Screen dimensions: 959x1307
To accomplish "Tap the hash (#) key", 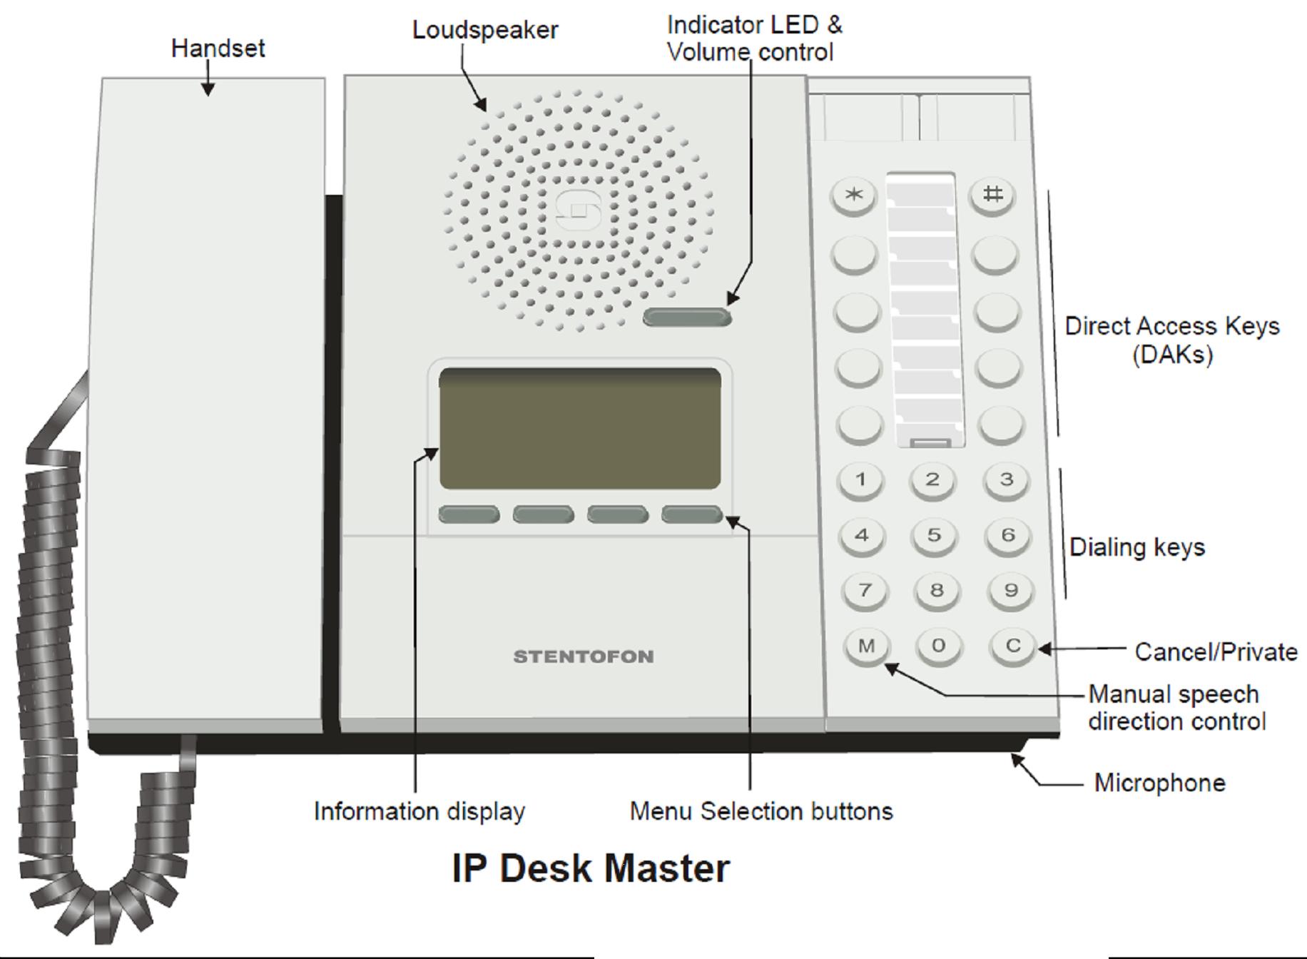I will point(992,195).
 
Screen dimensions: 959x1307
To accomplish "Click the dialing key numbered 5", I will point(934,535).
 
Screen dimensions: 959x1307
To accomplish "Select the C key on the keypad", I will point(1012,646).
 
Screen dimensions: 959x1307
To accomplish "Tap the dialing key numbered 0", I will point(937,646).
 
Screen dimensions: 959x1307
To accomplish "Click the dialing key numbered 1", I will point(860,479).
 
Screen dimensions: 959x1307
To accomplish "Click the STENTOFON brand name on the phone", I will point(584,656).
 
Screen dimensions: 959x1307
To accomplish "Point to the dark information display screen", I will point(580,428).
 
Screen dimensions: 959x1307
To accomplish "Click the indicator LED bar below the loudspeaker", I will point(687,317).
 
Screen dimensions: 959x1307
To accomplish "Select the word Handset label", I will point(218,49).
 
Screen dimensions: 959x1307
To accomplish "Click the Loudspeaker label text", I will point(485,30).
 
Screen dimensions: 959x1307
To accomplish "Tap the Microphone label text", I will point(1159,783).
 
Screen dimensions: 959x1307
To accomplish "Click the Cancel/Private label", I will point(1216,651).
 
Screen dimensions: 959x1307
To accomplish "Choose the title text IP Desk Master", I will point(591,868).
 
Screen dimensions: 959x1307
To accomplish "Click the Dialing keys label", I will point(1137,547).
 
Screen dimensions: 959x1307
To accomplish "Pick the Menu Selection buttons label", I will point(761,811).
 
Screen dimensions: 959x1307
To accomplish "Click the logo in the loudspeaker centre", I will point(579,210).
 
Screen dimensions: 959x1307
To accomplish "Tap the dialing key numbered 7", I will point(865,591).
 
